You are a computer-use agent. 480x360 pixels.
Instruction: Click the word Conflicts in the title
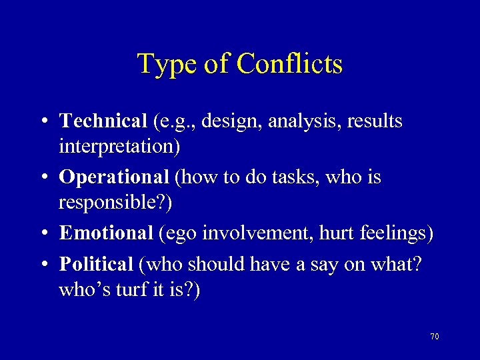(x=289, y=64)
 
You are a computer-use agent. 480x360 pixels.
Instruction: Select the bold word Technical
(x=103, y=121)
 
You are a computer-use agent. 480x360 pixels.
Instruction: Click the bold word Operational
(x=113, y=177)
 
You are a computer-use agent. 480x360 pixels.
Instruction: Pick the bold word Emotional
(x=106, y=233)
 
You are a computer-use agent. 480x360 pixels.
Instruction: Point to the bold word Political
(x=97, y=264)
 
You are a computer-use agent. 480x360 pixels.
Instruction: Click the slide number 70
(x=435, y=337)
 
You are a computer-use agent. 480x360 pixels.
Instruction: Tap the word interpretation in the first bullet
(x=116, y=146)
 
